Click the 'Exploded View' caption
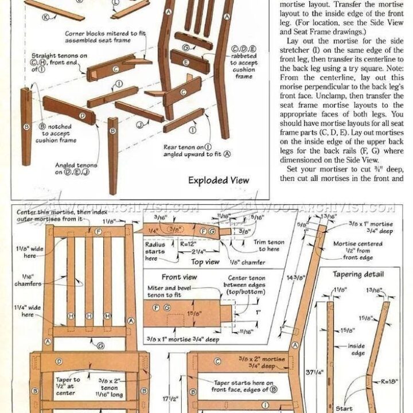pos(219,180)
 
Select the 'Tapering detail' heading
pos(359,274)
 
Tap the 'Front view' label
pos(179,277)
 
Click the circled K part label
pos(45,18)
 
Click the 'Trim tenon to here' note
pos(267,246)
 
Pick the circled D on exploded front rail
pos(83,115)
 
